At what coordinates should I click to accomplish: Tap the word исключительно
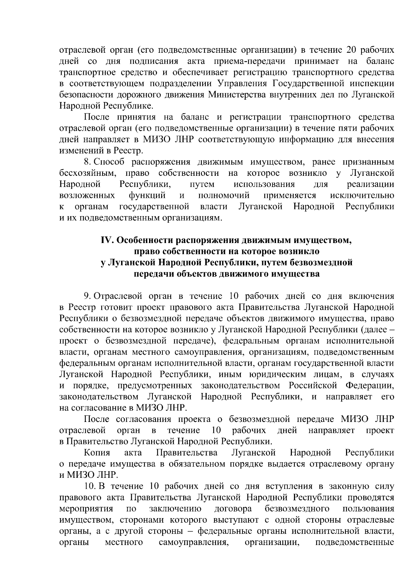click(362, 195)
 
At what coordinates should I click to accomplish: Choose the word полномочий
click(224, 195)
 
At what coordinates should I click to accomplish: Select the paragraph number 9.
click(87, 296)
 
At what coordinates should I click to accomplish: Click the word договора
click(233, 509)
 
